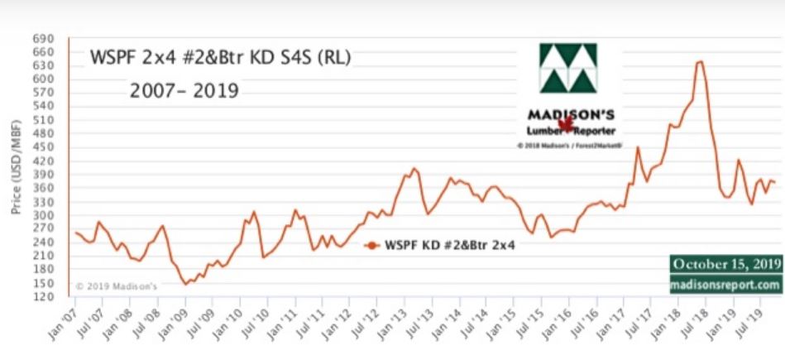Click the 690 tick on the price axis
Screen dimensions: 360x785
(43, 39)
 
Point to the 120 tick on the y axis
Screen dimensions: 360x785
(43, 296)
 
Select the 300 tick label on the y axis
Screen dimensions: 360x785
(43, 215)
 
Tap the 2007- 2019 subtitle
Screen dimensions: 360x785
(184, 89)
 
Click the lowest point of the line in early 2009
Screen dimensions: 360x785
(185, 284)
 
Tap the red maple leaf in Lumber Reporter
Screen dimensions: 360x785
(566, 125)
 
